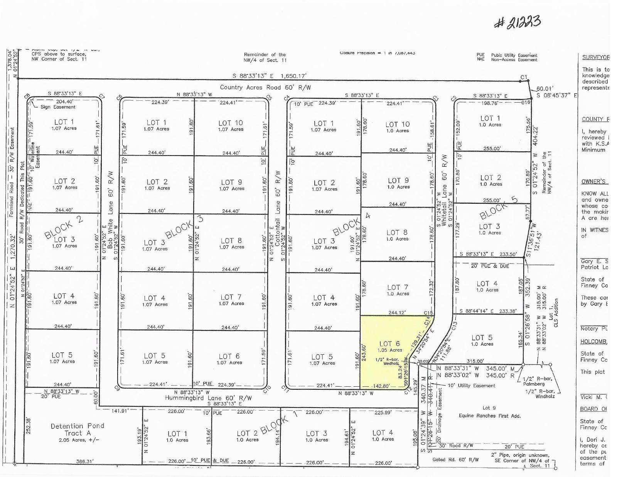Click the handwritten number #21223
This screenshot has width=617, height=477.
point(518,23)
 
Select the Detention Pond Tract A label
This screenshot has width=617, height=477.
point(77,429)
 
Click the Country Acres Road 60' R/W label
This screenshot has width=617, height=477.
point(265,87)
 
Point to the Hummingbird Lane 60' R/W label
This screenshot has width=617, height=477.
point(208,398)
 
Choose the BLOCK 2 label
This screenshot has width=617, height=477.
point(63,228)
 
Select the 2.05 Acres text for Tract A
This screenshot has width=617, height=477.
point(78,440)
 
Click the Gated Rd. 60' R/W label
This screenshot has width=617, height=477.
point(455,459)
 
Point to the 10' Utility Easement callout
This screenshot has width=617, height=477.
point(471,385)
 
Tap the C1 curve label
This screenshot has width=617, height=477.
point(523,77)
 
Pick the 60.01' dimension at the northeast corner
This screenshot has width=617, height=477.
point(545,89)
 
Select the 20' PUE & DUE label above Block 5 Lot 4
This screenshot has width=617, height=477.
point(490,266)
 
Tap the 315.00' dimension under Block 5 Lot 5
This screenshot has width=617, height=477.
point(475,361)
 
